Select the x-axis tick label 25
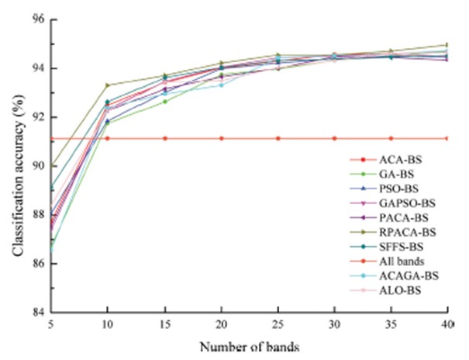click(278, 324)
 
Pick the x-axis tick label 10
click(108, 324)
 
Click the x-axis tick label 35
click(390, 324)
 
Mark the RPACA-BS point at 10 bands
click(108, 85)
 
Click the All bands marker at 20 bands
click(221, 138)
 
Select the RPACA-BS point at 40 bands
click(447, 45)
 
